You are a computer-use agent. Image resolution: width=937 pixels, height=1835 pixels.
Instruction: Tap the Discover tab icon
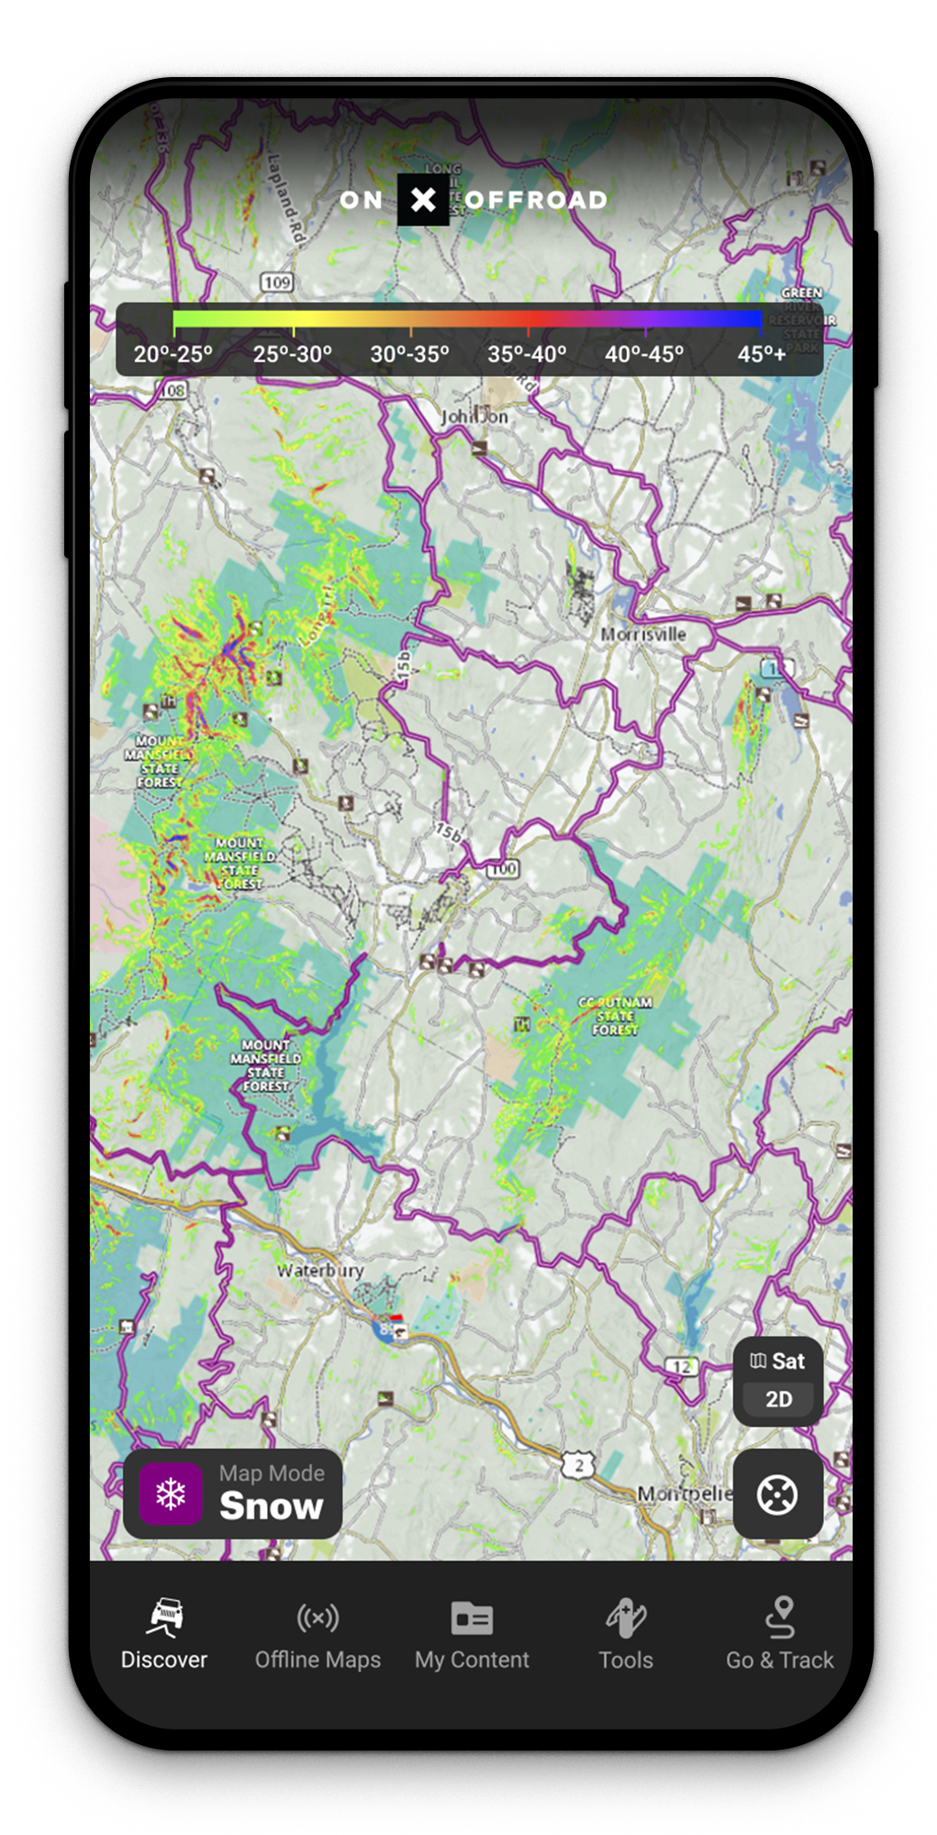[x=164, y=1618]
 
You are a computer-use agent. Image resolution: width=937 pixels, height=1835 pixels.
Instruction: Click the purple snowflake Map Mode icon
[x=172, y=1494]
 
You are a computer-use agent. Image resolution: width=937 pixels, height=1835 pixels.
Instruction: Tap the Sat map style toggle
[x=778, y=1361]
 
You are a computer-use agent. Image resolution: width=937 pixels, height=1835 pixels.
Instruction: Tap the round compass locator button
[x=777, y=1494]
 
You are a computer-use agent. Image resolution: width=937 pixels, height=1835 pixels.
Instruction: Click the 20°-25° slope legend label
[x=173, y=354]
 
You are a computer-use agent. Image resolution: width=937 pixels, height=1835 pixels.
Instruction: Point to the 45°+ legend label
[x=762, y=354]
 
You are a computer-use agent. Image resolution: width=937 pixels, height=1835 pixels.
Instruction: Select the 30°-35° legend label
[x=409, y=354]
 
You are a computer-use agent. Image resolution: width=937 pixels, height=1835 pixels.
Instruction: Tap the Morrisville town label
[x=643, y=634]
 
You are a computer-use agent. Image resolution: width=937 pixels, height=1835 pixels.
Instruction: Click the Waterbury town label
[x=320, y=1271]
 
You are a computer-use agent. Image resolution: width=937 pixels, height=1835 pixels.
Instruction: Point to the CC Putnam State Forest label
[x=615, y=1016]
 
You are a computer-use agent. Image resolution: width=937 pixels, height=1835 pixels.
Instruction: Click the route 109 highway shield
[x=276, y=283]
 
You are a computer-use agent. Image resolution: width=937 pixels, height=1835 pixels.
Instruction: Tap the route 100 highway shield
[x=503, y=868]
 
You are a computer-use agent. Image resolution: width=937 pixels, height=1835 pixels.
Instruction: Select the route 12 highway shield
[x=682, y=1366]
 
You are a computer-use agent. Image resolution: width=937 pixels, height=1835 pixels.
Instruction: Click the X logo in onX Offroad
[x=423, y=199]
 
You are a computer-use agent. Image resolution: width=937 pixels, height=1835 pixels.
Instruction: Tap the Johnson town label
[x=474, y=417]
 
